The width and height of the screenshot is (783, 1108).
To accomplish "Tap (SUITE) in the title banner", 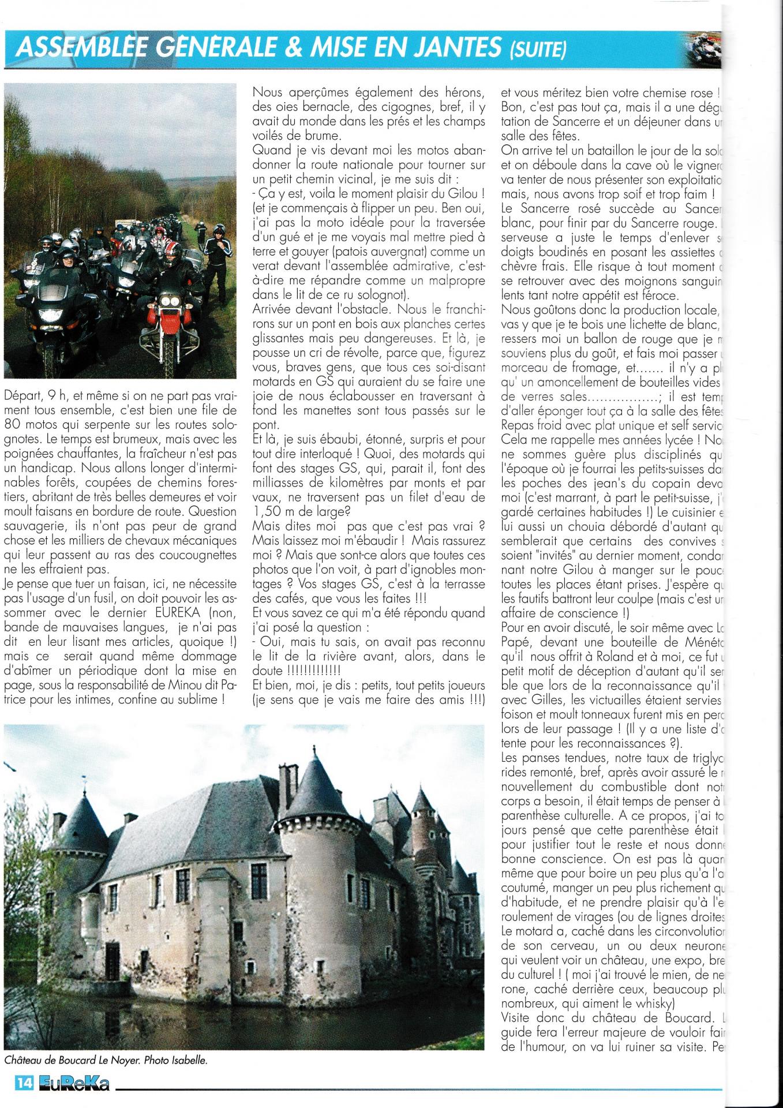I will pos(536,51).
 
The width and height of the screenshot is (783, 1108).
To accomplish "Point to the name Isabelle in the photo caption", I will pos(186,1060).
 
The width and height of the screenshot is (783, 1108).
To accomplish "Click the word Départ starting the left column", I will pos(22,395).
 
